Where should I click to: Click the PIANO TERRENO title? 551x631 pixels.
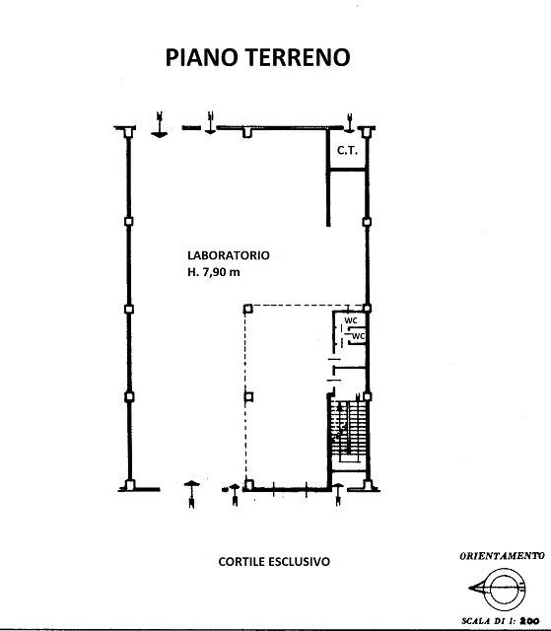[x=258, y=57]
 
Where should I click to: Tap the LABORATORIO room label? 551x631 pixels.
[x=229, y=255]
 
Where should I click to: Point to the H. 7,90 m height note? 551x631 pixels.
[x=214, y=272]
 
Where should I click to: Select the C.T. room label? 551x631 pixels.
[x=348, y=151]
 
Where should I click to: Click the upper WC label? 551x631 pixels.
[x=351, y=320]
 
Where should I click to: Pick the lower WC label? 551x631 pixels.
[x=359, y=335]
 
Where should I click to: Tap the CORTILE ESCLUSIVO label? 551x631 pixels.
[x=274, y=561]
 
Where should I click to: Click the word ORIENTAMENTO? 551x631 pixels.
[x=502, y=556]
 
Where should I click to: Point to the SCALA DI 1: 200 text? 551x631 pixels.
[x=501, y=621]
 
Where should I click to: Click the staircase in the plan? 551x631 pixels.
[x=349, y=432]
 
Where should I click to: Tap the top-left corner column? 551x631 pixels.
[x=128, y=131]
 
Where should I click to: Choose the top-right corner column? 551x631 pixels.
[x=366, y=131]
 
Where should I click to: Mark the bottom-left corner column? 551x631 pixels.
[x=129, y=485]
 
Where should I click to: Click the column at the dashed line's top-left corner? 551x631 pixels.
[x=248, y=309]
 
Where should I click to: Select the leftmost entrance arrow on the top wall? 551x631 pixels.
[x=160, y=125]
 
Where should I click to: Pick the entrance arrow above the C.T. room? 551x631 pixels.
[x=350, y=123]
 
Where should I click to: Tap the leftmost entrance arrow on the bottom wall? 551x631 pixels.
[x=191, y=495]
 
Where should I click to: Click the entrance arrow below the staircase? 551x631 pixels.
[x=338, y=494]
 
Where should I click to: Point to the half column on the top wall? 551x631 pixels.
[x=247, y=133]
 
